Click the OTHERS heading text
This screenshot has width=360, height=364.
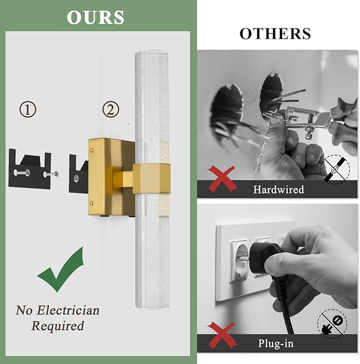click(275, 33)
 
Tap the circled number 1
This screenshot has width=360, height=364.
click(28, 110)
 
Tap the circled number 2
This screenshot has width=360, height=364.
click(110, 110)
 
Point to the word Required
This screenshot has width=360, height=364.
click(58, 326)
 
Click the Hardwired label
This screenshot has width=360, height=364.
click(278, 189)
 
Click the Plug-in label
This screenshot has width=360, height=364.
click(276, 343)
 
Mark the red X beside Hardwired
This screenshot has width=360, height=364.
click(221, 178)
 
